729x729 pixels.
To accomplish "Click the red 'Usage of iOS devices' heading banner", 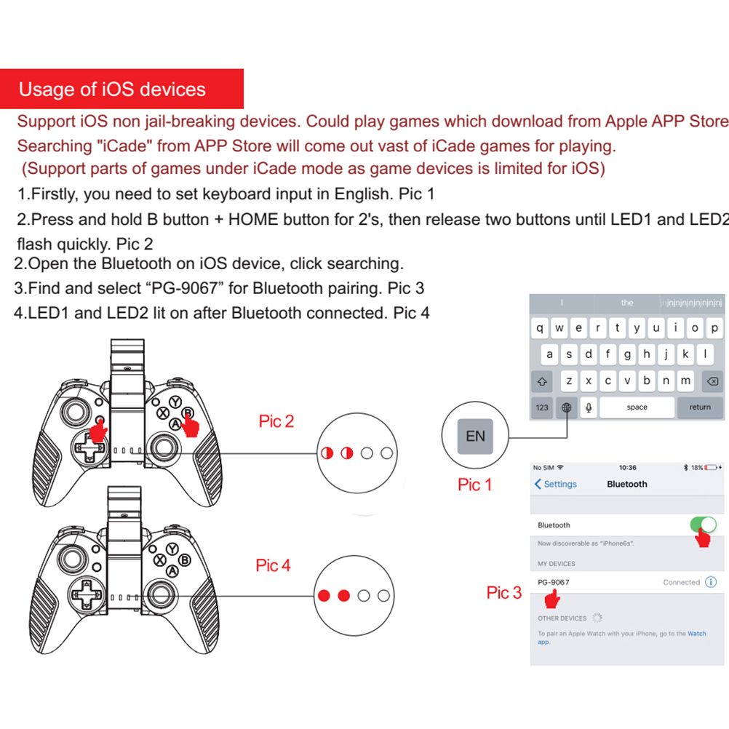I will click(121, 89).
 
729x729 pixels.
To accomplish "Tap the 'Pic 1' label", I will click(474, 485).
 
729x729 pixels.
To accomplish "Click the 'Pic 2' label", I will click(276, 421).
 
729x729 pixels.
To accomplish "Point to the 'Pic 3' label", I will click(503, 593).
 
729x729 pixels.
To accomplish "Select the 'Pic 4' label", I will click(273, 565).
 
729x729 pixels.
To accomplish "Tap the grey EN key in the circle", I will click(475, 437).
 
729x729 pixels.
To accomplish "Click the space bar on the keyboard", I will click(637, 407).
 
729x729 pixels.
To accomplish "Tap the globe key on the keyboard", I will click(566, 407).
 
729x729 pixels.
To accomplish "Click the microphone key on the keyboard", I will click(588, 407).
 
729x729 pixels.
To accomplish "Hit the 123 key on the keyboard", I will click(542, 407).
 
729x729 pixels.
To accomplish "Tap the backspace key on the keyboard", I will click(712, 381).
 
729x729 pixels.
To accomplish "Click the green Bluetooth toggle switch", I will click(702, 525).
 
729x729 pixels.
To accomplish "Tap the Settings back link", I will click(556, 484).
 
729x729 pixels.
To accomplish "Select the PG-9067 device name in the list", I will click(554, 582).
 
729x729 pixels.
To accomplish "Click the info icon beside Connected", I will click(711, 582).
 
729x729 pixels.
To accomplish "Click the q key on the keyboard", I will click(540, 328).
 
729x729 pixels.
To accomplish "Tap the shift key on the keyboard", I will click(542, 381).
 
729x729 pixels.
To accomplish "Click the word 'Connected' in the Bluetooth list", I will click(681, 582).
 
